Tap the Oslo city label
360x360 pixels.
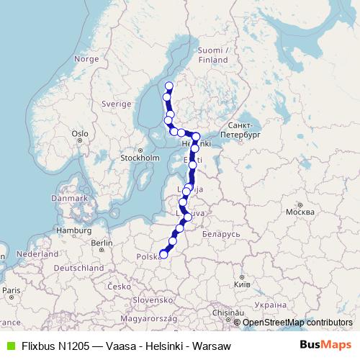[79, 133]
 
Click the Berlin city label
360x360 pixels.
[102, 243]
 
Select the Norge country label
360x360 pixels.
[86, 59]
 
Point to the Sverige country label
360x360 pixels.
[116, 104]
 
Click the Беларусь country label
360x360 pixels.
[220, 235]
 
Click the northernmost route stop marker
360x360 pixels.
[169, 86]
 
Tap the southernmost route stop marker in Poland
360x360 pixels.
[163, 253]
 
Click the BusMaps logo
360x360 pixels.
[325, 345]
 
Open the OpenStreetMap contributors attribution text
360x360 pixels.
[297, 323]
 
